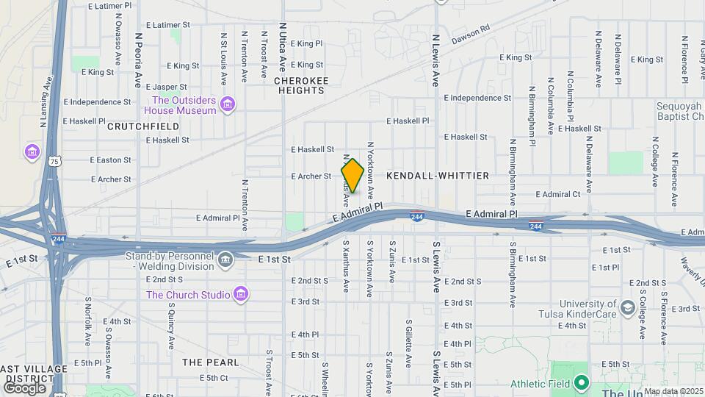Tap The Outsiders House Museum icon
click(x=228, y=104)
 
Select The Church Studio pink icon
click(x=240, y=295)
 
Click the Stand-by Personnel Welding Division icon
click(x=225, y=259)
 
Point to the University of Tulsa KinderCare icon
click(x=627, y=307)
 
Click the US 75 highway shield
click(x=54, y=161)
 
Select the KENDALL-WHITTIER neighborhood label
click(x=437, y=176)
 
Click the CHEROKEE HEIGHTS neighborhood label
click(x=301, y=85)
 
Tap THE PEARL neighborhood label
click(x=210, y=362)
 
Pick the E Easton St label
click(x=110, y=160)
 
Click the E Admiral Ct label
click(x=558, y=194)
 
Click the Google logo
click(x=24, y=387)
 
